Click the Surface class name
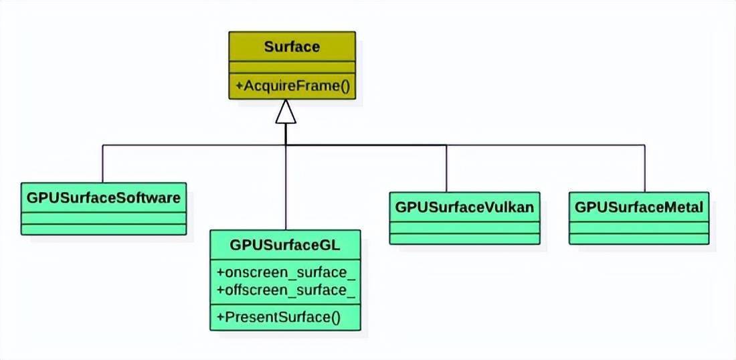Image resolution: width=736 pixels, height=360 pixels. point(292,47)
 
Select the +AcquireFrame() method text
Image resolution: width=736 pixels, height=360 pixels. point(292,86)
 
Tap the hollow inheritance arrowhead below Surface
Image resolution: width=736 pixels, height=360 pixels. point(286,112)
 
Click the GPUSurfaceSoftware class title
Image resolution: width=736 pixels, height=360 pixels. point(104,198)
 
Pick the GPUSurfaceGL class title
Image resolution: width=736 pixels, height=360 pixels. point(286,246)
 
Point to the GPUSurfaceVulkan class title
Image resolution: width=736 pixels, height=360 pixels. point(464,207)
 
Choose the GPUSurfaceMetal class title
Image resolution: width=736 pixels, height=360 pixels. point(639,207)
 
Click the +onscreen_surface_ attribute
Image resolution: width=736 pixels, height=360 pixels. point(286,273)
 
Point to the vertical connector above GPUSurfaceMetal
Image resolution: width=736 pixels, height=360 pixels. point(645,167)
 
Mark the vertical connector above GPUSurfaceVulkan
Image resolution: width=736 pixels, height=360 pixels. point(446,167)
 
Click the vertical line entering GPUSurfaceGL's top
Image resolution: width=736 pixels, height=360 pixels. point(286,194)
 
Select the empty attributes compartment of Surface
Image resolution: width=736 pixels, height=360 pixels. point(292,67)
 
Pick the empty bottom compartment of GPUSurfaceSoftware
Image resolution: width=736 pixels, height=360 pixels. point(104,230)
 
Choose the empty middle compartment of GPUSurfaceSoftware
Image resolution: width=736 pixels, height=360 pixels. point(104,218)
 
